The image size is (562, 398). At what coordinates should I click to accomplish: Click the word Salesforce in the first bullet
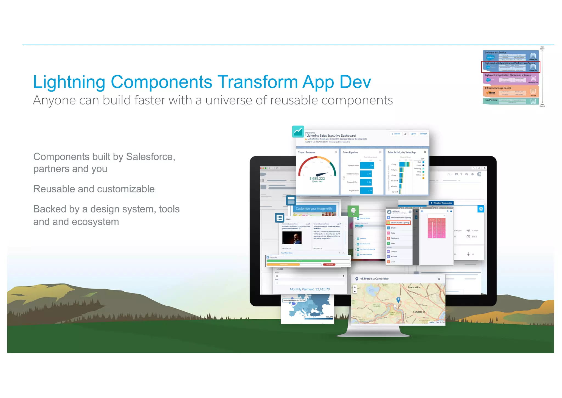150,157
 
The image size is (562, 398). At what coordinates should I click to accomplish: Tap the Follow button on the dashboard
396,134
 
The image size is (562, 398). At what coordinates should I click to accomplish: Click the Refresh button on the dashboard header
423,134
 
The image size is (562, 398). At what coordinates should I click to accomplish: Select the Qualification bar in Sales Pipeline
367,165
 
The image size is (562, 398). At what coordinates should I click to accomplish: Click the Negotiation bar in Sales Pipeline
366,190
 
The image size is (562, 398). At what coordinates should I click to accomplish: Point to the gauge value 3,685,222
317,178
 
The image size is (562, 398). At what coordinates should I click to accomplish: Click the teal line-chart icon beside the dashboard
298,131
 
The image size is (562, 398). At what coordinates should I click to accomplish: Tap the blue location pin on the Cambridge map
398,300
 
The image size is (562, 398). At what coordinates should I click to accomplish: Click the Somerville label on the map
414,287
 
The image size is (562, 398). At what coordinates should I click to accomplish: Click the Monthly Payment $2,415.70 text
310,289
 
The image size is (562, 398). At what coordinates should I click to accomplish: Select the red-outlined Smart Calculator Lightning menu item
398,223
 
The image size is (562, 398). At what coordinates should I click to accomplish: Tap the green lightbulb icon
353,211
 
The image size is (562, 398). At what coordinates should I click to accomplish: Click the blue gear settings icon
481,209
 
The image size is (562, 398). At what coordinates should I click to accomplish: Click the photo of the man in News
292,238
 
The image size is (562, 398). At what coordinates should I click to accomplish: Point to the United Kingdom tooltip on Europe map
294,300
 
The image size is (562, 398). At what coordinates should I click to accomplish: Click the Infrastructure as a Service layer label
498,88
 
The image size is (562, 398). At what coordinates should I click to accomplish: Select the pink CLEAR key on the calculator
432,220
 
